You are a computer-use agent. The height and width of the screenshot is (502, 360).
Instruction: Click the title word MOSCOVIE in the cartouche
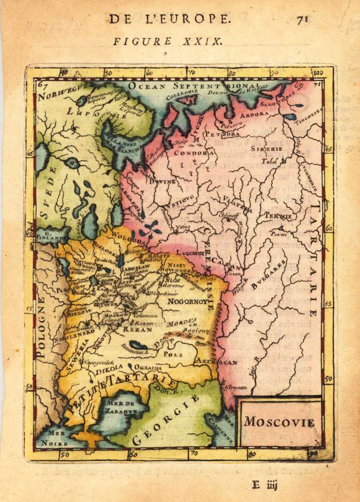pyautogui.click(x=279, y=421)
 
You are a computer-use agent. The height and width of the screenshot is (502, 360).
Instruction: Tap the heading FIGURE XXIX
pyautogui.click(x=168, y=41)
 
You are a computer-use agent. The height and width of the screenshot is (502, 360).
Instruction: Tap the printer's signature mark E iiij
pyautogui.click(x=265, y=485)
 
